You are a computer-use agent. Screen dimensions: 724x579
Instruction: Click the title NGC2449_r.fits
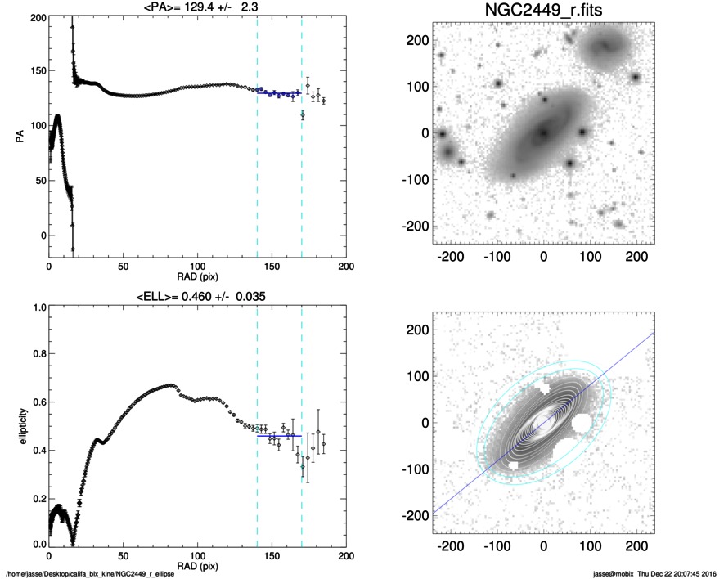point(543,10)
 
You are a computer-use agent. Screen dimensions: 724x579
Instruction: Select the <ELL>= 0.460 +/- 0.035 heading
point(201,296)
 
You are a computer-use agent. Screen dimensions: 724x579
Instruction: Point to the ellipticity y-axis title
point(23,427)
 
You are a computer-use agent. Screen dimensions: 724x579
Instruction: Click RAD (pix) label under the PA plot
point(198,277)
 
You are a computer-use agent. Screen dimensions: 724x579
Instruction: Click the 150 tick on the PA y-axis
point(39,70)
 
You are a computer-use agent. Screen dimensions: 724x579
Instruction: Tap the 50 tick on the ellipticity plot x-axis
point(124,556)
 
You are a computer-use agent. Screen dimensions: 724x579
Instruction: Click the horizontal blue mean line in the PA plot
point(279,93)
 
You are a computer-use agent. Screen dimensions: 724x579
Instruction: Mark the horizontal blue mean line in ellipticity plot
point(279,436)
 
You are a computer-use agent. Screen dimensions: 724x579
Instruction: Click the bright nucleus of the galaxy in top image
point(543,133)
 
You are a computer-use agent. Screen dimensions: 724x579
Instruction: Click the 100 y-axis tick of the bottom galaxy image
point(417,376)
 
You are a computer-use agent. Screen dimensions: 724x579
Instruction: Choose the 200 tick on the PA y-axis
point(39,18)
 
